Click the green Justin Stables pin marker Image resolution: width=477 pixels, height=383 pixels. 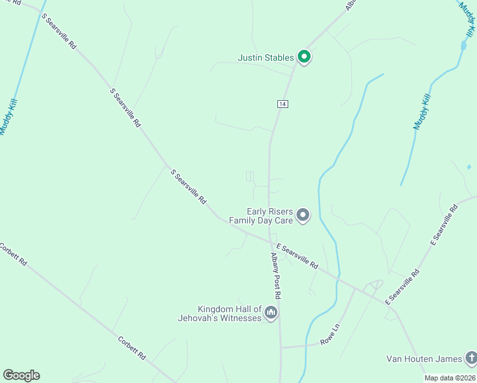(x=304, y=57)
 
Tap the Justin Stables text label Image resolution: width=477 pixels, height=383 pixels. (x=266, y=57)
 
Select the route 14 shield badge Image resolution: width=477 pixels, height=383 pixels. (x=281, y=103)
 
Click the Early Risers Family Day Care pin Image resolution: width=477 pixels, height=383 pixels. (x=303, y=216)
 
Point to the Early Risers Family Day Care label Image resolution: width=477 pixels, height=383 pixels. (x=270, y=216)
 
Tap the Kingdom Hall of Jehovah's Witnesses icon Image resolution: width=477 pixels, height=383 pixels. (x=271, y=313)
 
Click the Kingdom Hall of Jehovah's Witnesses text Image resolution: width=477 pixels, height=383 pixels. (x=230, y=313)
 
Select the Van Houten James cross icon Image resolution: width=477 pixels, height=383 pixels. (x=470, y=358)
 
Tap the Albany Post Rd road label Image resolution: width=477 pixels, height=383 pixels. (x=275, y=276)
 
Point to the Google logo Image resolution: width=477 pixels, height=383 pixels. (x=21, y=375)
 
